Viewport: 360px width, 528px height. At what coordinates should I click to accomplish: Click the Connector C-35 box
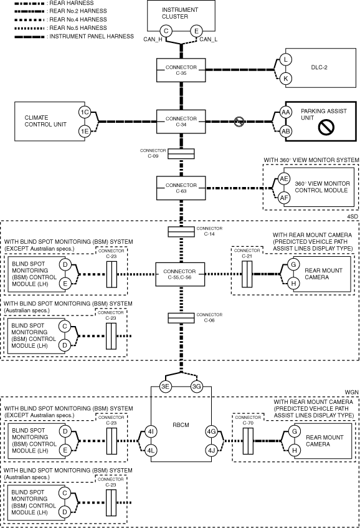click(181, 70)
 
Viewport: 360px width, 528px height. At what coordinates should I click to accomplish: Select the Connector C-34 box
click(181, 122)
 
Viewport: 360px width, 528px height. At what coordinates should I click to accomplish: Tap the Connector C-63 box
click(181, 188)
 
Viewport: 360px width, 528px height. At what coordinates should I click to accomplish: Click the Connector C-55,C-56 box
click(180, 274)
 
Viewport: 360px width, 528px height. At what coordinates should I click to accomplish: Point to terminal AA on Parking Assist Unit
click(286, 112)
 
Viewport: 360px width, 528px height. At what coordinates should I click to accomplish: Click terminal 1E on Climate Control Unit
click(85, 131)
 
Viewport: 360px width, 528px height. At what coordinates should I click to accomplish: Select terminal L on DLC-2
click(286, 60)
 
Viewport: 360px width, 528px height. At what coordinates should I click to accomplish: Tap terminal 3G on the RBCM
click(196, 386)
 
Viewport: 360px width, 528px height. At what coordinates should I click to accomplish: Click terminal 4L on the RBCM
click(151, 450)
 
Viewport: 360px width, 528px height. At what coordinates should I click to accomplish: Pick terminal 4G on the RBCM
click(211, 431)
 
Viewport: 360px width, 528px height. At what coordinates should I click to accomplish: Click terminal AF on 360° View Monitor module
click(284, 198)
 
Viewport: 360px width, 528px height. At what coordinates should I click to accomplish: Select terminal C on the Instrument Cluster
click(166, 31)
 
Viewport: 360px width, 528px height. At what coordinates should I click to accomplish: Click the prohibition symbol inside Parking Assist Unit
click(326, 127)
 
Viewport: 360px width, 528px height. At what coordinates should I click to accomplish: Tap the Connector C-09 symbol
click(181, 153)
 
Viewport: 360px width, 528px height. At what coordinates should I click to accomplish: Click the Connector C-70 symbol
click(248, 441)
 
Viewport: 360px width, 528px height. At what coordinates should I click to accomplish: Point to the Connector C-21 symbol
click(247, 274)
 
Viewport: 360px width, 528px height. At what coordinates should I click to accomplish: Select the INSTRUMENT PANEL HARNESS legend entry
click(74, 36)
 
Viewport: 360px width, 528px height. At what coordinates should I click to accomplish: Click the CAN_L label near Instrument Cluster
click(208, 39)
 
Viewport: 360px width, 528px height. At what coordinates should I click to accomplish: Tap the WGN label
click(351, 392)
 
